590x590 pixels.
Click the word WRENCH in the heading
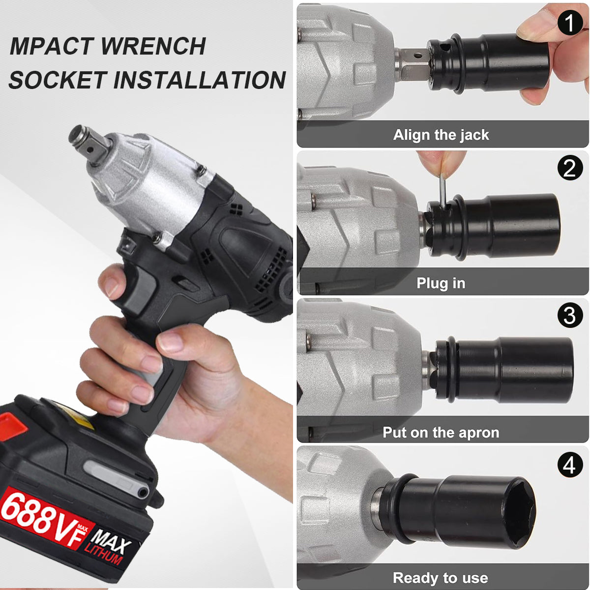pyautogui.click(x=153, y=46)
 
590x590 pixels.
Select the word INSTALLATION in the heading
pyautogui.click(x=199, y=80)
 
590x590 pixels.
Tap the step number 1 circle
pyautogui.click(x=569, y=22)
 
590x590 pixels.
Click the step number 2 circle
pyautogui.click(x=569, y=168)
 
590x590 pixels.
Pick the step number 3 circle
pyautogui.click(x=569, y=315)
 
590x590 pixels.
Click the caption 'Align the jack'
pyautogui.click(x=441, y=135)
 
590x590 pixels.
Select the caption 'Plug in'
pyautogui.click(x=441, y=283)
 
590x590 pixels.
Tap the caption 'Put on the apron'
pyautogui.click(x=441, y=432)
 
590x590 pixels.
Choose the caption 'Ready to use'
pyautogui.click(x=440, y=578)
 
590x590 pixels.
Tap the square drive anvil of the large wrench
pyautogui.click(x=89, y=143)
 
